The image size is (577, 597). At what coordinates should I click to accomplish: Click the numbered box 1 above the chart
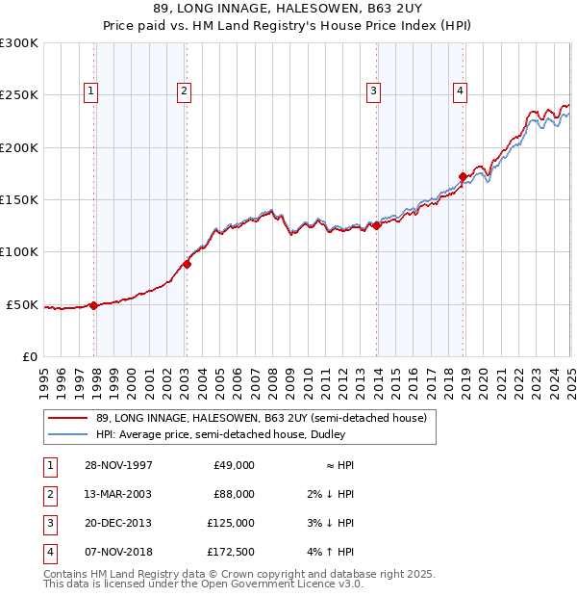(90, 91)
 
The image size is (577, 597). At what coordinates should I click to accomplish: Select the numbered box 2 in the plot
(183, 91)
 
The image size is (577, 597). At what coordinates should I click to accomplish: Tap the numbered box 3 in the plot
(373, 91)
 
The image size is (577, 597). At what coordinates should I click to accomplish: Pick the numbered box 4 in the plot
(461, 91)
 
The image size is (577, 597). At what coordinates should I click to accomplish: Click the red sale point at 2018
(463, 176)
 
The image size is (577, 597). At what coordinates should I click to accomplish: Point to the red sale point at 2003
(187, 264)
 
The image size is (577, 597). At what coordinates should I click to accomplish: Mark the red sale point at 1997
(94, 305)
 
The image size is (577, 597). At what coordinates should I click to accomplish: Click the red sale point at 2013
(376, 225)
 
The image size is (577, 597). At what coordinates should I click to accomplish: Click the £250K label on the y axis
(18, 95)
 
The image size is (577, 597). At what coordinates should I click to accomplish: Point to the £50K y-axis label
(22, 304)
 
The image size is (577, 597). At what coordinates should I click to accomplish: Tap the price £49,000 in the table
(234, 465)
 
